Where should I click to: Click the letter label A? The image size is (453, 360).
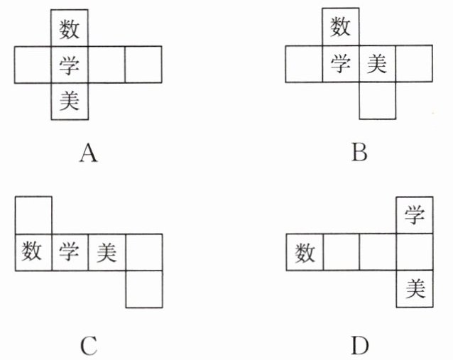[88, 153]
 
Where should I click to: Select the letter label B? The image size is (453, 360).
[359, 153]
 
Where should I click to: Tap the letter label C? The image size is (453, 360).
[88, 346]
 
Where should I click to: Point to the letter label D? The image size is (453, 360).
[359, 346]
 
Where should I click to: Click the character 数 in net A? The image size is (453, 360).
[70, 28]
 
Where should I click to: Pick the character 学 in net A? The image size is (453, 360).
[70, 65]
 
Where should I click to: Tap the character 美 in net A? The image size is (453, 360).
[70, 102]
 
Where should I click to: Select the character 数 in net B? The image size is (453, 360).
[341, 28]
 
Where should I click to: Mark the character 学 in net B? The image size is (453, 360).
[341, 65]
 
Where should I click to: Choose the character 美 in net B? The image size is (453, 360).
[377, 65]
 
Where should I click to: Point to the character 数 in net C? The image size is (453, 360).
[33, 252]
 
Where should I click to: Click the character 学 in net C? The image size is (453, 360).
[70, 252]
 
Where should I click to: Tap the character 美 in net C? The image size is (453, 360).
[107, 252]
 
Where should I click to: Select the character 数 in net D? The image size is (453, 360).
[305, 252]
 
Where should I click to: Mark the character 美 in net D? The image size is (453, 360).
[414, 289]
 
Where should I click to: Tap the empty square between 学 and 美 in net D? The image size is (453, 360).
[414, 252]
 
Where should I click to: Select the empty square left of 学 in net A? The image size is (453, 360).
[33, 65]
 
